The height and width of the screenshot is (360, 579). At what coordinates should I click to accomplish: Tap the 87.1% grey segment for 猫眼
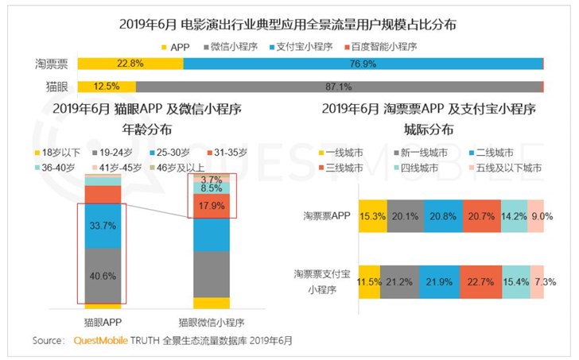pyautogui.click(x=339, y=86)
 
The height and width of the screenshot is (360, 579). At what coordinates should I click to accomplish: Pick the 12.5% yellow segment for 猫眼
pyautogui.click(x=107, y=86)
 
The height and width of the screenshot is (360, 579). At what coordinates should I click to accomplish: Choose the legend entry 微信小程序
pyautogui.click(x=239, y=46)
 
